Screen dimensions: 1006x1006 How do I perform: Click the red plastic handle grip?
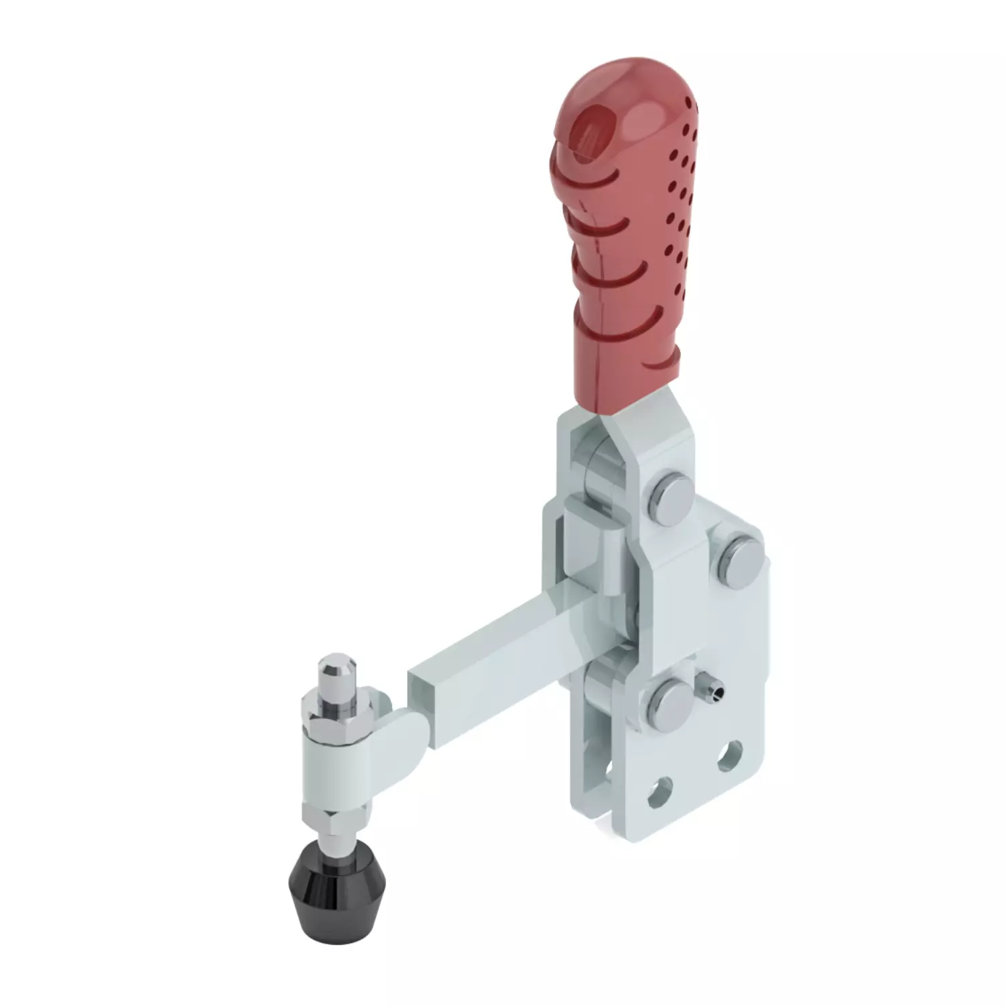click(x=623, y=255)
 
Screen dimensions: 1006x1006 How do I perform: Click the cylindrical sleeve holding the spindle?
click(x=335, y=771)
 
